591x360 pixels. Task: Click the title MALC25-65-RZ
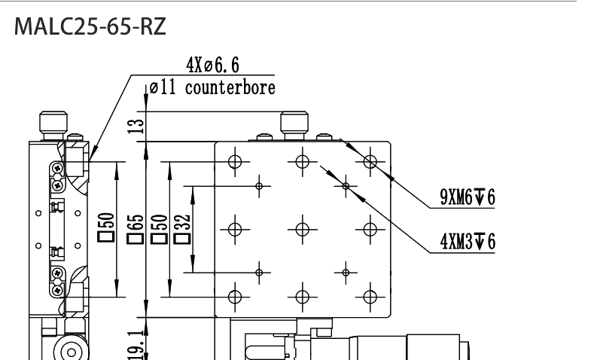90,26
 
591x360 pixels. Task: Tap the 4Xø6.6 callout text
212,66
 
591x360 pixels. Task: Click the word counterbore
230,87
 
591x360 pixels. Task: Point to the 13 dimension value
136,126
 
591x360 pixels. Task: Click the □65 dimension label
136,229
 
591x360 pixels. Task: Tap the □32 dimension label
182,229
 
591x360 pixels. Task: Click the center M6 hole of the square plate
303,229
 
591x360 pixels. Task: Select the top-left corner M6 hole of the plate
235,162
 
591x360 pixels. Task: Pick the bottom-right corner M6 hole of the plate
370,297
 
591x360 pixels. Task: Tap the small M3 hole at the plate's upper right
346,186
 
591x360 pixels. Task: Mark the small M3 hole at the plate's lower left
259,273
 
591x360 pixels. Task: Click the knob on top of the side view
53,125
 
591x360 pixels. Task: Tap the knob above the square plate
294,125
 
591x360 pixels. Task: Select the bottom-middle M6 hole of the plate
303,297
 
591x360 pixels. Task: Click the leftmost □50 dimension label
106,227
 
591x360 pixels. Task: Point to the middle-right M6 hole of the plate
370,229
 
